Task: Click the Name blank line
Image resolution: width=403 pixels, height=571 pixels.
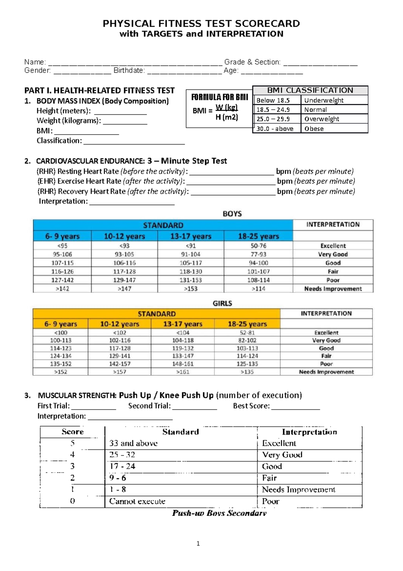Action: click(x=135, y=63)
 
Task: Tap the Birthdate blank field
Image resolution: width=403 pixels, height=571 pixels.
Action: click(x=184, y=71)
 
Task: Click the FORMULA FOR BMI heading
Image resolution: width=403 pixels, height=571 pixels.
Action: click(x=219, y=98)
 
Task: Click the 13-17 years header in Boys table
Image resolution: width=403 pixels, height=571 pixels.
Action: click(x=190, y=236)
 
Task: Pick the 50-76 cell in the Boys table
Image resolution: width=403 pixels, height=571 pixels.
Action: click(x=258, y=246)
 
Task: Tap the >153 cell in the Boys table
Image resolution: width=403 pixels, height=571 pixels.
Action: click(x=190, y=289)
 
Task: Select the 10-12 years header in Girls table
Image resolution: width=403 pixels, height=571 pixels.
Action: click(x=120, y=324)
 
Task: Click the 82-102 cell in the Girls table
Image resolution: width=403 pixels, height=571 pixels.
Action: click(x=247, y=340)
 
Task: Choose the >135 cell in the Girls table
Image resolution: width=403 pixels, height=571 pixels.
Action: click(x=247, y=372)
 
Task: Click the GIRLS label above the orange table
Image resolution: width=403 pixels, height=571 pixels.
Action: click(x=222, y=303)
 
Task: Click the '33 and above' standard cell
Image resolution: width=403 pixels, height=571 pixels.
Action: click(x=133, y=443)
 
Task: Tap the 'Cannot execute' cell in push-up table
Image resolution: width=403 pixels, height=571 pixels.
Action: click(x=137, y=501)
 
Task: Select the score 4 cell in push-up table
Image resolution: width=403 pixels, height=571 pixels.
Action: click(x=72, y=455)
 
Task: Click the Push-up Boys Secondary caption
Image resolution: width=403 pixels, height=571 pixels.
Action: click(x=219, y=513)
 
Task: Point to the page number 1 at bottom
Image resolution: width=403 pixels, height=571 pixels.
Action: click(x=198, y=543)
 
